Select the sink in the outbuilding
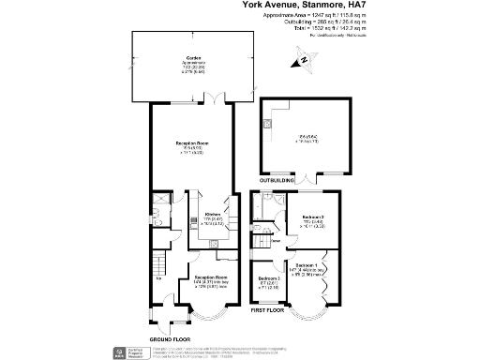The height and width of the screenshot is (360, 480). point(267,122)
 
